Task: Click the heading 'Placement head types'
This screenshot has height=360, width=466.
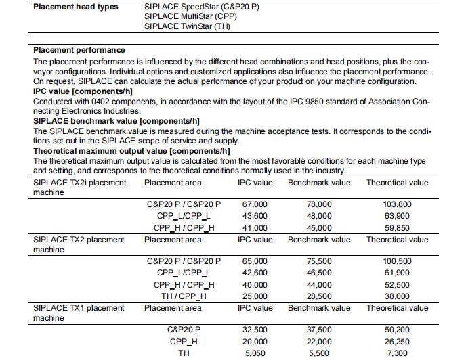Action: tap(76, 7)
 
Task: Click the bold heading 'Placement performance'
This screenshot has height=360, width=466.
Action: tap(79, 50)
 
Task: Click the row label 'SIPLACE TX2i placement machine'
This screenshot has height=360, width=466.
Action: tap(79, 187)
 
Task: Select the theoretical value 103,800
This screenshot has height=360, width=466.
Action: tap(398, 204)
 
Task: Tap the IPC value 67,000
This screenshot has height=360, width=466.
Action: tap(255, 204)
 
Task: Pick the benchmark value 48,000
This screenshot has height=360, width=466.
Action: tap(319, 216)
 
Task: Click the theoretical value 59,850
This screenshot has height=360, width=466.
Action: tap(398, 228)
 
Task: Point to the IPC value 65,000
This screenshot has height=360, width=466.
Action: tap(255, 261)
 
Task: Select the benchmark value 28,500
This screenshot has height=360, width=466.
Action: tap(319, 296)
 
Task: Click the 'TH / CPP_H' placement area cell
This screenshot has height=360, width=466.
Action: tap(184, 296)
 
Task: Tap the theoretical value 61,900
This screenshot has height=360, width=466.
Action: tap(398, 272)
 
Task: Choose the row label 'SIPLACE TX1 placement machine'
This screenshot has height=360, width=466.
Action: tap(79, 313)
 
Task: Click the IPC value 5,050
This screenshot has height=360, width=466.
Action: tap(255, 353)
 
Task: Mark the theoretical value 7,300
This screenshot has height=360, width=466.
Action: tap(398, 353)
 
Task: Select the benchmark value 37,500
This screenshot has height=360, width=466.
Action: tap(319, 330)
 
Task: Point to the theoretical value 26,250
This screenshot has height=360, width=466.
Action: tap(398, 342)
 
